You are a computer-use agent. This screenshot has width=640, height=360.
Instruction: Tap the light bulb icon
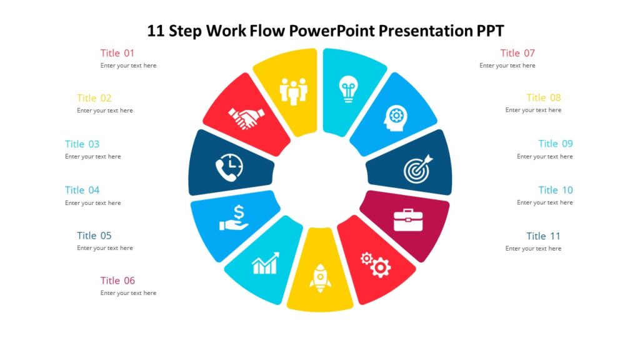pyautogui.click(x=347, y=89)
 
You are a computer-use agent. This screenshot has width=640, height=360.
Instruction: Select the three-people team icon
pyautogui.click(x=294, y=91)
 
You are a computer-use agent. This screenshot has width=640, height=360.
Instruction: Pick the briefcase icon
pyautogui.click(x=408, y=220)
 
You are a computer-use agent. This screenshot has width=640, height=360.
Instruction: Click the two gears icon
pyautogui.click(x=376, y=264)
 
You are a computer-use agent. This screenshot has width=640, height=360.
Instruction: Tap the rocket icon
pyautogui.click(x=319, y=278)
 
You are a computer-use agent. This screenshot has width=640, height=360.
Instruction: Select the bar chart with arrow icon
pyautogui.click(x=265, y=264)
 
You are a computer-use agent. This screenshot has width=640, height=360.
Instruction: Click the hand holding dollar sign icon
pyautogui.click(x=234, y=218)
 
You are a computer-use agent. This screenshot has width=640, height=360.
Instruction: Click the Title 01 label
pyautogui.click(x=117, y=53)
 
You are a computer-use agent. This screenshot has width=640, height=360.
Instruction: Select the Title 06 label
pyautogui.click(x=117, y=281)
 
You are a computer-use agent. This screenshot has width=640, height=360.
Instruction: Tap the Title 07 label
pyautogui.click(x=517, y=53)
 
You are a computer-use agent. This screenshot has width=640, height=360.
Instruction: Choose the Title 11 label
pyautogui.click(x=543, y=236)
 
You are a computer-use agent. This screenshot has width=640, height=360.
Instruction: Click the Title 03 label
pyautogui.click(x=82, y=144)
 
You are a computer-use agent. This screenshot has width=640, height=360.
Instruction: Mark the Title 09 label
pyautogui.click(x=556, y=144)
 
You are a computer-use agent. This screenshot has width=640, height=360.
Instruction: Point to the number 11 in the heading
pyautogui.click(x=156, y=31)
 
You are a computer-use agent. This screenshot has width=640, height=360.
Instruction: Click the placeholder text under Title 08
pyautogui.click(x=533, y=110)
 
